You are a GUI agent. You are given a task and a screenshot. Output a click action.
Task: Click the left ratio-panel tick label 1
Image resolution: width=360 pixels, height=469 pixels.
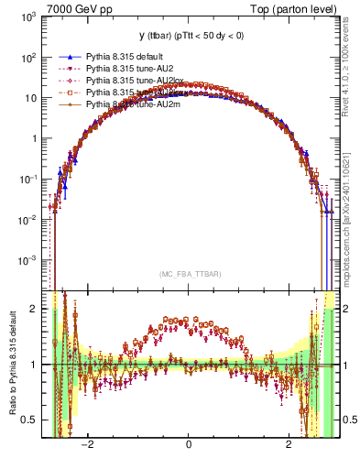tap(33, 365)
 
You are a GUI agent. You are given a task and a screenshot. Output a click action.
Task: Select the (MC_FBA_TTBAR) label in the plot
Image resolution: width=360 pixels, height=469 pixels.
tap(188, 274)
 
